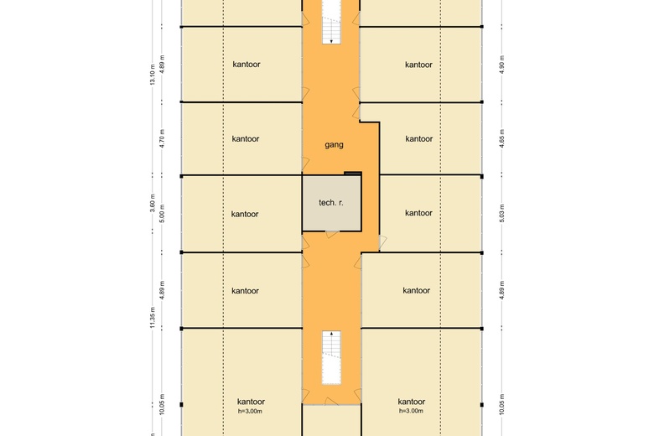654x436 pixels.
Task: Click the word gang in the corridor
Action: click(334, 145)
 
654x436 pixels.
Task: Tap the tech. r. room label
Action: click(331, 203)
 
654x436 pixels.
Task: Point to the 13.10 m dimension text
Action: click(153, 75)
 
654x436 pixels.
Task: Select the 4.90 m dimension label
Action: click(501, 65)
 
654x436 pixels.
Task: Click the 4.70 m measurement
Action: click(163, 138)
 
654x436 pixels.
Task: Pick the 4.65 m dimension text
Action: click(501, 138)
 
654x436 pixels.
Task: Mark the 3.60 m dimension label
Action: click(153, 203)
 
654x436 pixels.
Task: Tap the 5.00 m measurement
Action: click(163, 213)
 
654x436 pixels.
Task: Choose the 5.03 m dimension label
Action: click(501, 213)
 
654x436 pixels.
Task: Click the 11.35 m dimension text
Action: click(153, 318)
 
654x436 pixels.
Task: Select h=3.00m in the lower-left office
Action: click(250, 412)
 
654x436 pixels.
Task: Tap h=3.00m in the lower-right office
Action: click(411, 411)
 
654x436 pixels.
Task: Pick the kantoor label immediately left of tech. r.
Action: click(245, 214)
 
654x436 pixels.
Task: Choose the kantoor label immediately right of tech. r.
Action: click(418, 213)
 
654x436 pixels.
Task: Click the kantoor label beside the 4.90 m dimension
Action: click(418, 65)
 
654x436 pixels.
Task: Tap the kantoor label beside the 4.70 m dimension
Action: click(246, 139)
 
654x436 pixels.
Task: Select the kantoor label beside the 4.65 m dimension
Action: click(419, 139)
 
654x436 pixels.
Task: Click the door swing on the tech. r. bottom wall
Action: click(332, 234)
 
